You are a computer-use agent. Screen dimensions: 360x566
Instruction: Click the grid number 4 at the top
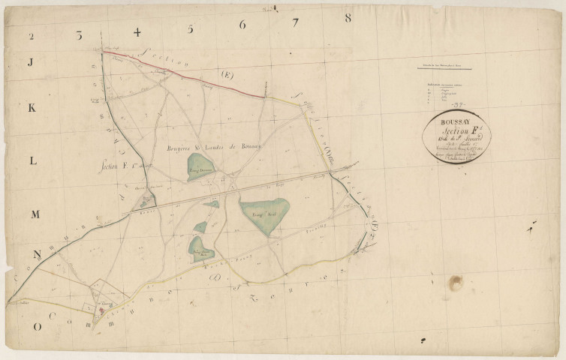(137, 32)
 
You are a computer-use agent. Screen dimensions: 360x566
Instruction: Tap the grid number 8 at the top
(348, 17)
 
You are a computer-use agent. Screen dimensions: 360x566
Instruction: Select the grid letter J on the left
(31, 63)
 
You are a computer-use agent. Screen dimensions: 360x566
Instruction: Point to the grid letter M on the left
(35, 214)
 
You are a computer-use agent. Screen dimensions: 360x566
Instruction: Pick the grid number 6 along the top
(242, 25)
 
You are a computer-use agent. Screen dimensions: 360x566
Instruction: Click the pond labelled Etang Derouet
(201, 166)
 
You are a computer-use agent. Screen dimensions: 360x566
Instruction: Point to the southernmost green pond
(200, 250)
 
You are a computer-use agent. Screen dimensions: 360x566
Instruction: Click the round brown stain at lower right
(456, 283)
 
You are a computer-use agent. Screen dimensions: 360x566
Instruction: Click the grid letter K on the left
(32, 108)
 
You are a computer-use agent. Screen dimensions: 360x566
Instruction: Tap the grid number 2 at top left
(32, 36)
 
